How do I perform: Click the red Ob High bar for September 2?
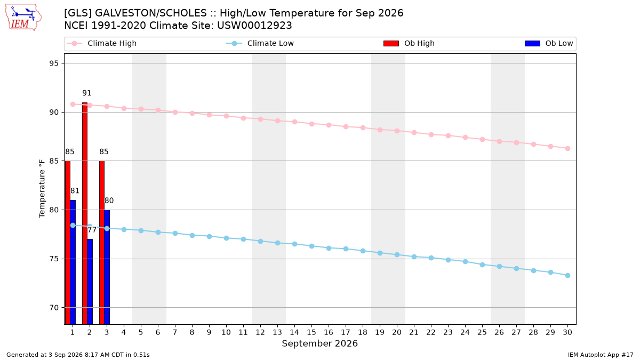85,213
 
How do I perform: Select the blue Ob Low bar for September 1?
73,262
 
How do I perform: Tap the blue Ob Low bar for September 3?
107,267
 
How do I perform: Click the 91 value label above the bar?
87,93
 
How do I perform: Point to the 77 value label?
92,230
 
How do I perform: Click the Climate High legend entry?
102,43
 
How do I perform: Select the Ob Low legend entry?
549,43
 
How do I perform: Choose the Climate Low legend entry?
260,43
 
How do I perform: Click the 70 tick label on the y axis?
54,308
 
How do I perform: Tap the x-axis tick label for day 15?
311,332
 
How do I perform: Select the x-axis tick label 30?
567,332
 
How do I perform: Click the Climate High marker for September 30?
567,149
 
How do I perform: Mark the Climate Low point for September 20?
397,254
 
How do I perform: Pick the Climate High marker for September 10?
226,116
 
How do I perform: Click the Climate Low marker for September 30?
567,275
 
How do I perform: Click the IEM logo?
23,18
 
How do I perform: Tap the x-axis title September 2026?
319,343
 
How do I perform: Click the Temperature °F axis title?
42,189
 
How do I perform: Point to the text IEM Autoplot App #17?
601,355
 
